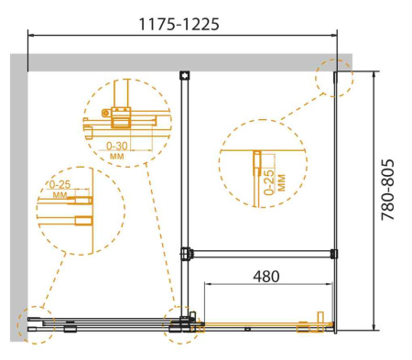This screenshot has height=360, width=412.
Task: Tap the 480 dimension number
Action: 265,275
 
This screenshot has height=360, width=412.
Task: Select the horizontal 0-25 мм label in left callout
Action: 60,190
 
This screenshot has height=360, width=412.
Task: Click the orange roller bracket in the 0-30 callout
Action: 120,117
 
